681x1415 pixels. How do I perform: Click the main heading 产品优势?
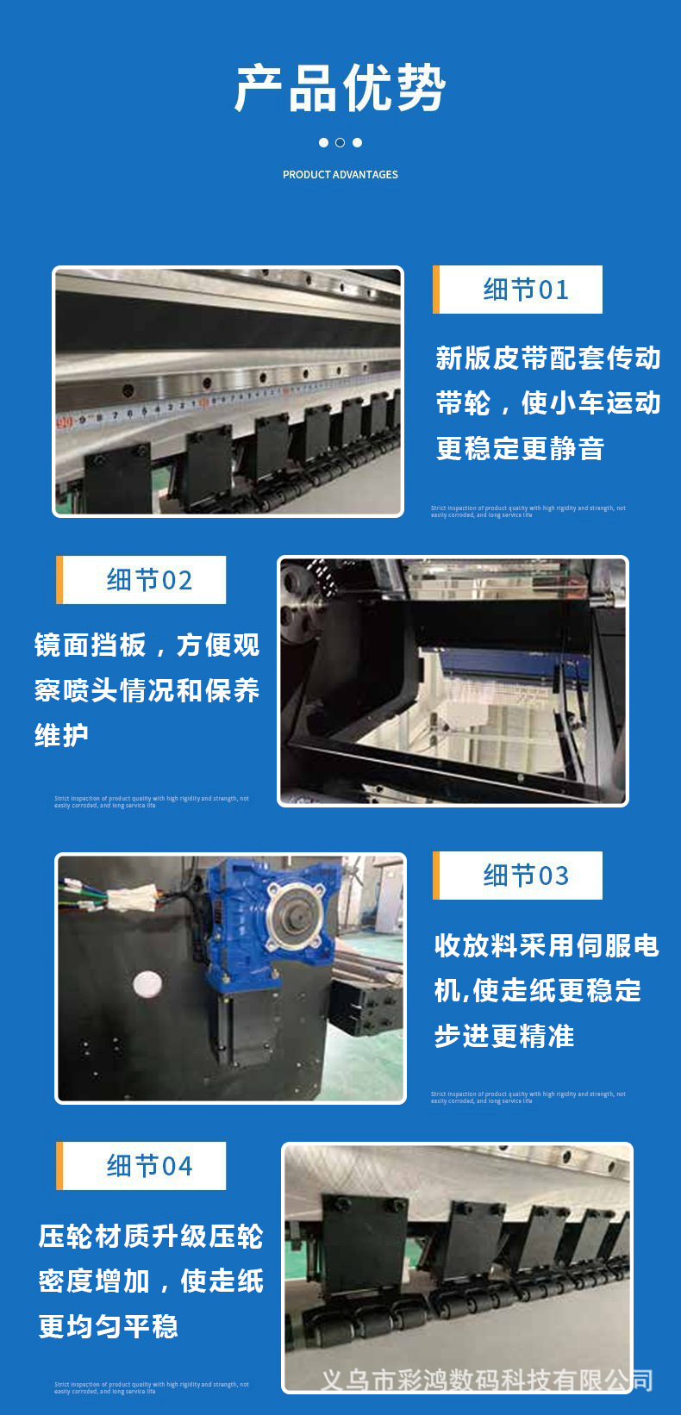pos(340,88)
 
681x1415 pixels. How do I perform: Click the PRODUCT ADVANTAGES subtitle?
pos(340,174)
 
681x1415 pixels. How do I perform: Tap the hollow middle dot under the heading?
pos(340,142)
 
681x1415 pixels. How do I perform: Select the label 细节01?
pos(526,290)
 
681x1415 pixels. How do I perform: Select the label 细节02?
pos(149,580)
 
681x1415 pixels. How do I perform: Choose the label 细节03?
pos(526,876)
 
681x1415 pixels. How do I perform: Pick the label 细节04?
pos(149,1166)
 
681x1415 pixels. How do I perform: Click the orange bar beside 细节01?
pos(436,290)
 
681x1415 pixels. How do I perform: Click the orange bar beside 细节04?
pos(59,1166)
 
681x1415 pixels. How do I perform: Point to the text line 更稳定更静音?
pos(520,448)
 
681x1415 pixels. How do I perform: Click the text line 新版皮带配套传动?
pos(548,358)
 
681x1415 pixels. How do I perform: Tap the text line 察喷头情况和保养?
pos(147,690)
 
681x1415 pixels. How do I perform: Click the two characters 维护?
pos(61,735)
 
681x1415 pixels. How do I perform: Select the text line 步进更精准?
pos(504,1036)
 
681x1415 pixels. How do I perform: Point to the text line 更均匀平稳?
pos(108,1326)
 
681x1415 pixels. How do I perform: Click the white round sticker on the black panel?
pos(147,983)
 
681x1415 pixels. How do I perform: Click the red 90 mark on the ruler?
pos(65,422)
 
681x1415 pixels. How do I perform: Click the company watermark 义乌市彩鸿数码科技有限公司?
pos(486,1381)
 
